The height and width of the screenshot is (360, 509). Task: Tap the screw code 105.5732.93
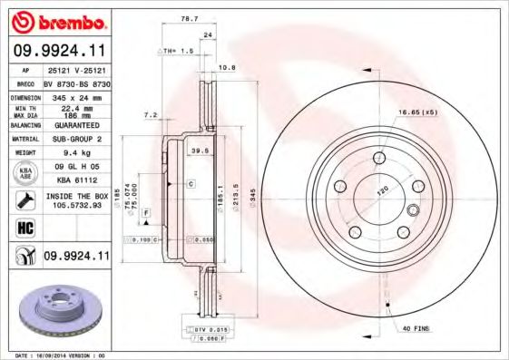77,205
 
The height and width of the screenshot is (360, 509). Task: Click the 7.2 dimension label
152,116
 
